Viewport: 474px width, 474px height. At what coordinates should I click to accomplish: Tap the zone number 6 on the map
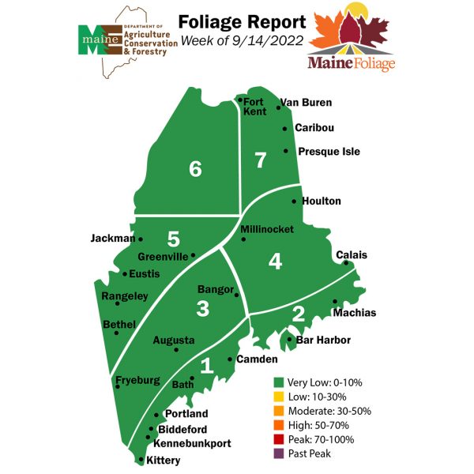click(x=195, y=168)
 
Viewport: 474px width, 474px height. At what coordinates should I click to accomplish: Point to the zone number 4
click(x=274, y=261)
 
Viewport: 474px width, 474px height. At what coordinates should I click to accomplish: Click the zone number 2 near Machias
click(x=298, y=314)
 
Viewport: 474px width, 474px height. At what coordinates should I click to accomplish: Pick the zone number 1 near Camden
click(x=206, y=366)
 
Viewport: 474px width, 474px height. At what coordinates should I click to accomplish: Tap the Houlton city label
click(x=321, y=201)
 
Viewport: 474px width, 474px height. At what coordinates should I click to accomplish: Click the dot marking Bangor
click(x=237, y=295)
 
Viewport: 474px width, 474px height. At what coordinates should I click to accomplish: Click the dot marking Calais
click(x=345, y=263)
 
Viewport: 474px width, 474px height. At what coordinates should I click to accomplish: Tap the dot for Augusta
click(x=176, y=349)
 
